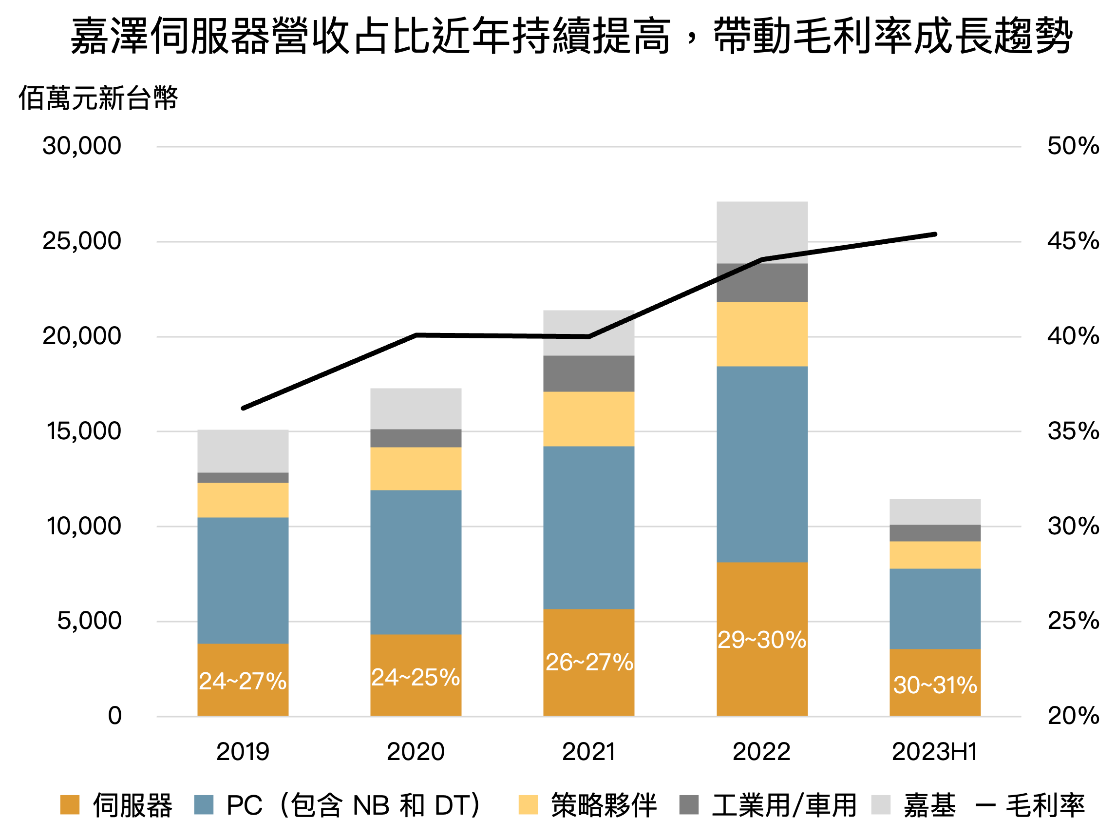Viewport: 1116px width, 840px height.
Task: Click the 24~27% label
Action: [x=243, y=682]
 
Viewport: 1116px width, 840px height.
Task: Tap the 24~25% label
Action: [x=415, y=678]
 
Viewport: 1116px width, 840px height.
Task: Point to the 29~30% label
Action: [x=762, y=640]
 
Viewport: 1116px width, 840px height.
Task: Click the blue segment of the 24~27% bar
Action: [x=243, y=581]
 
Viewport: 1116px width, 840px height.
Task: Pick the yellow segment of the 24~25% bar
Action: [x=416, y=469]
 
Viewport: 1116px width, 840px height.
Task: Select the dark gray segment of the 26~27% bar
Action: [x=589, y=373]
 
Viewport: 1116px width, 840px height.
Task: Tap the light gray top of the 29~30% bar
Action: [x=762, y=227]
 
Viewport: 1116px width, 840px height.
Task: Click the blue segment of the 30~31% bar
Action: [x=935, y=609]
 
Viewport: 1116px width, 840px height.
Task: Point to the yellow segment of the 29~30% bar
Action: [x=762, y=334]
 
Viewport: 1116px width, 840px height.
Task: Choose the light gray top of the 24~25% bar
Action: [x=416, y=409]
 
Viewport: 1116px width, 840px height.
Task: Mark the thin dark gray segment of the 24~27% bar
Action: [x=243, y=478]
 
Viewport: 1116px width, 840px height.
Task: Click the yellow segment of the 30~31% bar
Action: [x=935, y=555]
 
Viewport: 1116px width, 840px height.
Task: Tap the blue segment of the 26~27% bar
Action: [x=589, y=527]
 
